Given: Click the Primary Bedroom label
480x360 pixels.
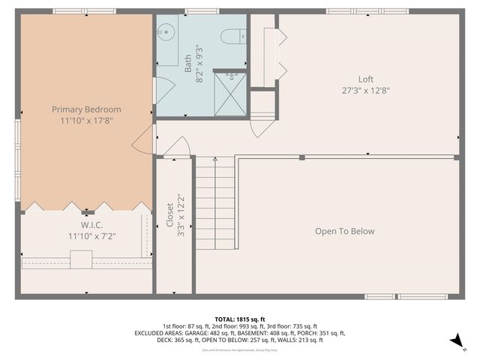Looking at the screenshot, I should click(x=85, y=109).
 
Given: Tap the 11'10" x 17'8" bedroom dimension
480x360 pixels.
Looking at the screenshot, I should click(x=85, y=121).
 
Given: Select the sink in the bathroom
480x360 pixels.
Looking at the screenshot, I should click(x=166, y=33).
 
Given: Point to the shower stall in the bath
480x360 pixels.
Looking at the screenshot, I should click(x=230, y=93).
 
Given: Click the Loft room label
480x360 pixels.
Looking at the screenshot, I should click(x=365, y=79).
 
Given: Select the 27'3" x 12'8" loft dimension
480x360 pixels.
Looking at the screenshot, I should click(x=365, y=91).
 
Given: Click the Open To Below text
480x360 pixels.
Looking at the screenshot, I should click(x=344, y=231).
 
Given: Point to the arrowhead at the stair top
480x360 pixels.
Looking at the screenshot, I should click(x=215, y=159).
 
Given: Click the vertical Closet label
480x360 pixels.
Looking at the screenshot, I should click(x=169, y=214).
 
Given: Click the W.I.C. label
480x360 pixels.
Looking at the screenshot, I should click(x=91, y=225).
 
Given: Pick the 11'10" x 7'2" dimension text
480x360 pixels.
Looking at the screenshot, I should click(x=91, y=236).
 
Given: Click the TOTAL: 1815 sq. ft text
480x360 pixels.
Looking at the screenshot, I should click(x=239, y=319).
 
